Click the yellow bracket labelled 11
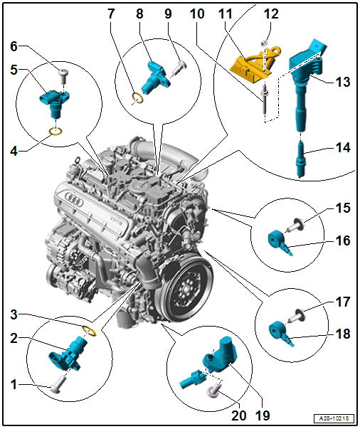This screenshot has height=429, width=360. coord(253,65)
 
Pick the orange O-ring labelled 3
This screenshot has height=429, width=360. coord(89,329)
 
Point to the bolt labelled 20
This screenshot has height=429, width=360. coord(213,388)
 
